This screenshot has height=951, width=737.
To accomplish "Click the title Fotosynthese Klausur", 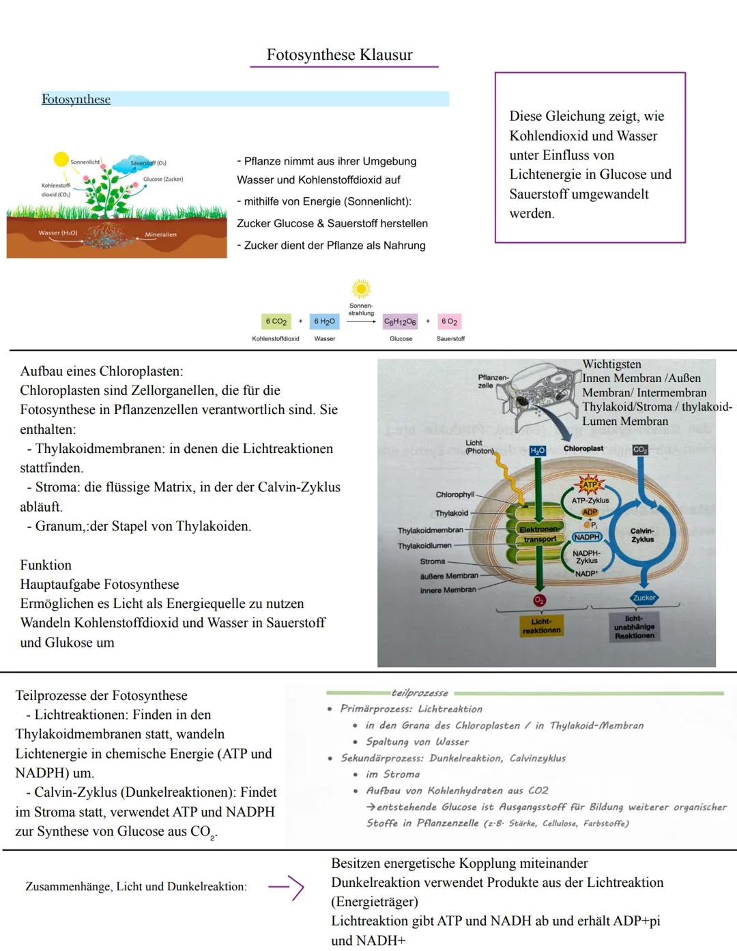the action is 340,55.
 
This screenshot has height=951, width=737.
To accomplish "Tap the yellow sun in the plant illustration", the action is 61,160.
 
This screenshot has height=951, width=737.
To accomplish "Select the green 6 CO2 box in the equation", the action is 276,322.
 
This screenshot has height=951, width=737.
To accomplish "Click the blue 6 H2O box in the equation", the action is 324,322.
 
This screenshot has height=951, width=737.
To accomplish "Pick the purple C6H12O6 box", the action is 400,322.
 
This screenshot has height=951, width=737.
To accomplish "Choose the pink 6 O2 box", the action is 450,322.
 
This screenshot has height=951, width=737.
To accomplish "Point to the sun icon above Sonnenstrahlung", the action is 361,289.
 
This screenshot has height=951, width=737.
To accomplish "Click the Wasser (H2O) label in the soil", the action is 58,233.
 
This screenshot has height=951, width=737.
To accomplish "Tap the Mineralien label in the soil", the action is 160,235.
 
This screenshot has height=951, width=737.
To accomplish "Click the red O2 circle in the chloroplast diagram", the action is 540,600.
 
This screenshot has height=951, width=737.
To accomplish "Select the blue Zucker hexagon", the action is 644,598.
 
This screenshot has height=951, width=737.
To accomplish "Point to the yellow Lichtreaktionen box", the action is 541,626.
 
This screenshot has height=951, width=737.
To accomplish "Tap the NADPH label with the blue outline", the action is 587,537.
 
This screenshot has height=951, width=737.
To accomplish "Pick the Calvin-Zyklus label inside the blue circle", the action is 642,535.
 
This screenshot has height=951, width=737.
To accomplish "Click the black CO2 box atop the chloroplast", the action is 640,450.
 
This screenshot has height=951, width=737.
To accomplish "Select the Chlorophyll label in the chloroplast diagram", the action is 454,495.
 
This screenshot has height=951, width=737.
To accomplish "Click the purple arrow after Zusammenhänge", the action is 286,887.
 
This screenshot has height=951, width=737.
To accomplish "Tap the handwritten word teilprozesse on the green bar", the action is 420,693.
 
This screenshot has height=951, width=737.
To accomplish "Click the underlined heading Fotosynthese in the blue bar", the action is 76,100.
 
